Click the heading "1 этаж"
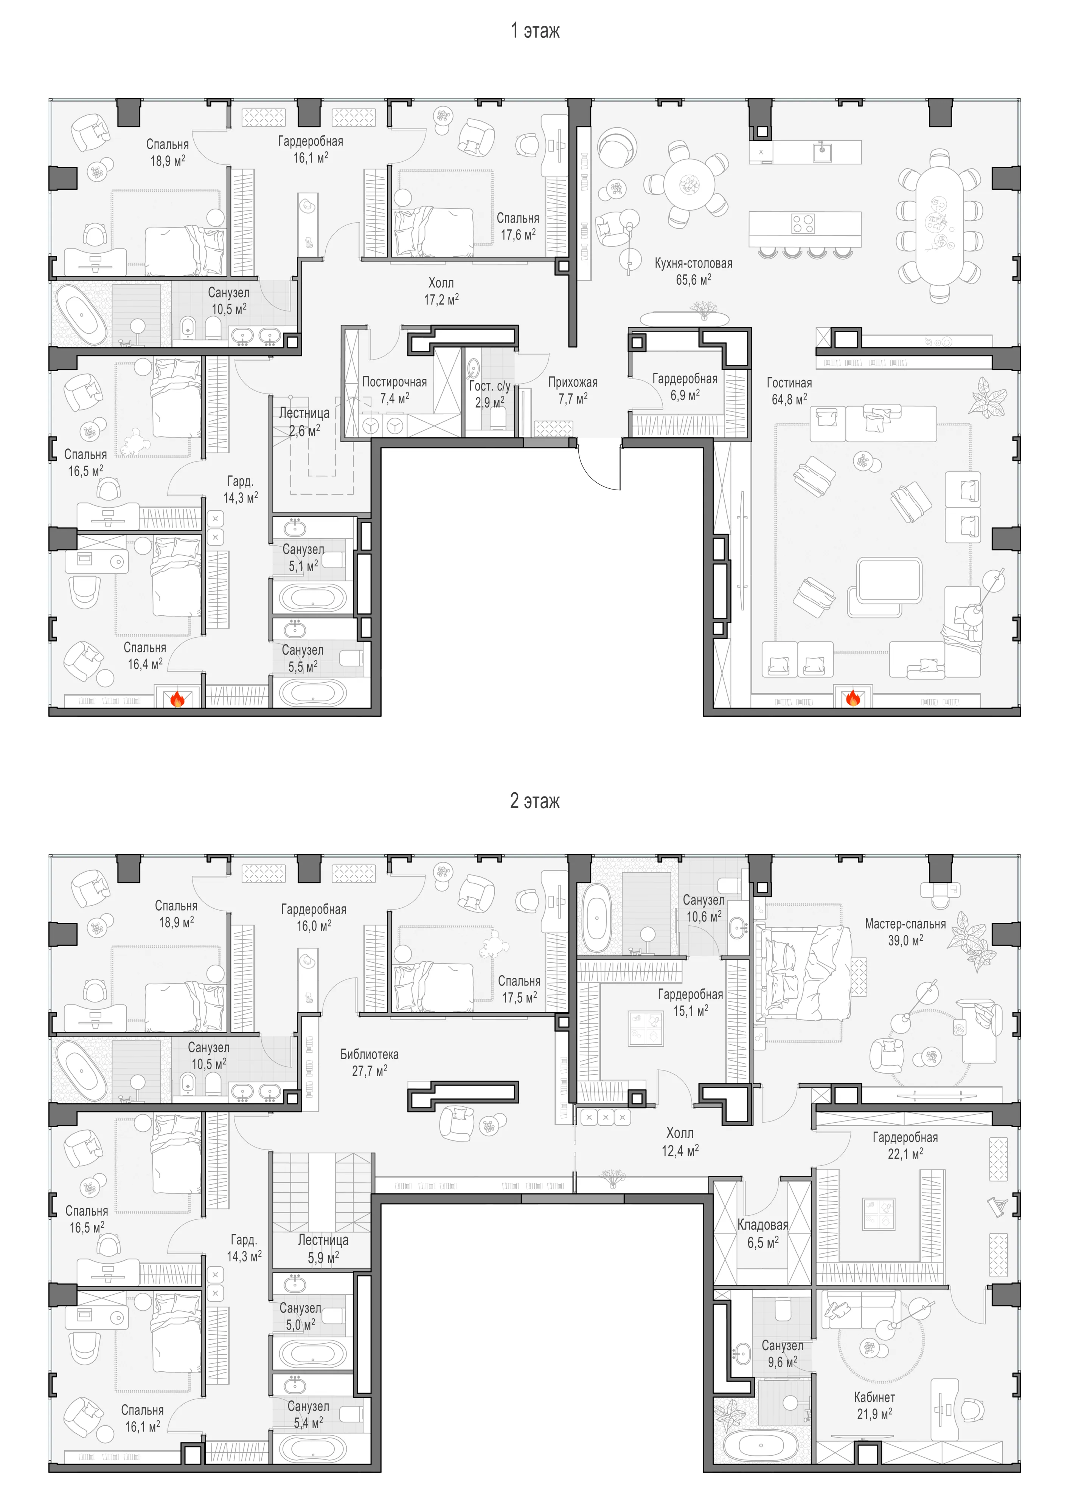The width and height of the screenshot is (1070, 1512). [x=535, y=30]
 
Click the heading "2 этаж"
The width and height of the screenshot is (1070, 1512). [x=535, y=801]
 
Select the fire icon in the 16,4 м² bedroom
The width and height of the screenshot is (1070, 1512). [x=177, y=698]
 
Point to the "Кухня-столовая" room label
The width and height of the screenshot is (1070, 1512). [x=693, y=263]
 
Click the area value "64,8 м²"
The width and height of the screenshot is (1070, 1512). [x=789, y=399]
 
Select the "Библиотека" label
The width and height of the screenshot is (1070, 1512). [x=369, y=1054]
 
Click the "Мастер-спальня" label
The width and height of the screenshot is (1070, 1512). [x=905, y=924]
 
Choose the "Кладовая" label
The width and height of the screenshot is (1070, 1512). [x=763, y=1225]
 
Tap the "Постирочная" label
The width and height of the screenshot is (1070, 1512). [x=394, y=382]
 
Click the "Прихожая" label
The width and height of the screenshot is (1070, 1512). [x=573, y=382]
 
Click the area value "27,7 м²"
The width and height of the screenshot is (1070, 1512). [x=370, y=1071]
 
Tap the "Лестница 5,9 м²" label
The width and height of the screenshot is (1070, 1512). [x=323, y=1249]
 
